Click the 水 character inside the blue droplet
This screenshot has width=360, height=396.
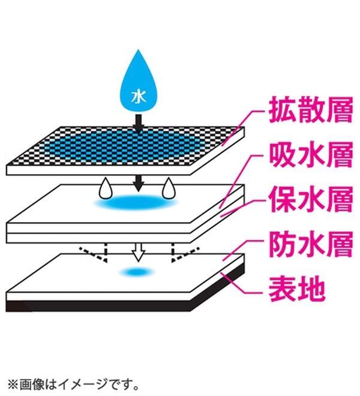click(x=139, y=97)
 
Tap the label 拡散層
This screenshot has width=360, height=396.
click(x=311, y=110)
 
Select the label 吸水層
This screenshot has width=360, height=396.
click(x=311, y=155)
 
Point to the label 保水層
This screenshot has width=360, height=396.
click(x=311, y=199)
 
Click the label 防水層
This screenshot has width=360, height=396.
click(x=311, y=244)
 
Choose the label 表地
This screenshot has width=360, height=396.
click(x=297, y=289)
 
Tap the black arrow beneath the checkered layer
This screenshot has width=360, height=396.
click(x=138, y=184)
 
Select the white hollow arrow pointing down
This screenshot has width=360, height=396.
click(x=139, y=252)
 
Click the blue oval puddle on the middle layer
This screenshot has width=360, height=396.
click(x=136, y=202)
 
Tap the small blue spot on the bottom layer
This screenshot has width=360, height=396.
click(x=137, y=272)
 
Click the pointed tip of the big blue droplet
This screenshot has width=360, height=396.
click(x=138, y=50)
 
